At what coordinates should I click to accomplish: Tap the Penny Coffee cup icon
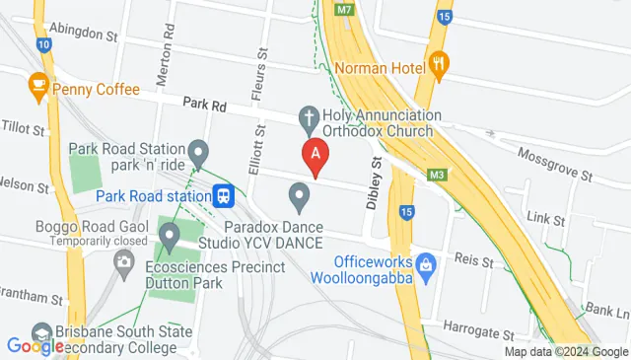coord(39,86)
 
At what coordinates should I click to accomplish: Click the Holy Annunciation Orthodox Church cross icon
coord(309,117)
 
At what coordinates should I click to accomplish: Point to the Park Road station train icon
coord(224,195)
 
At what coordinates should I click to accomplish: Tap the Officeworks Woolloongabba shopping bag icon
coord(426,263)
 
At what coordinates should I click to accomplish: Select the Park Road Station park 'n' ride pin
coord(199,154)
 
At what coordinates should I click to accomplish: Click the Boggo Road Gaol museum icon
coord(124,261)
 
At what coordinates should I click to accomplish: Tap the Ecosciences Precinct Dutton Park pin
coord(169,237)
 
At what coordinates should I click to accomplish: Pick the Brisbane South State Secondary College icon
coord(41,331)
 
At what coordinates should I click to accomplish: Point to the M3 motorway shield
coord(436,176)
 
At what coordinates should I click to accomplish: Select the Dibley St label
coord(374,184)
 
